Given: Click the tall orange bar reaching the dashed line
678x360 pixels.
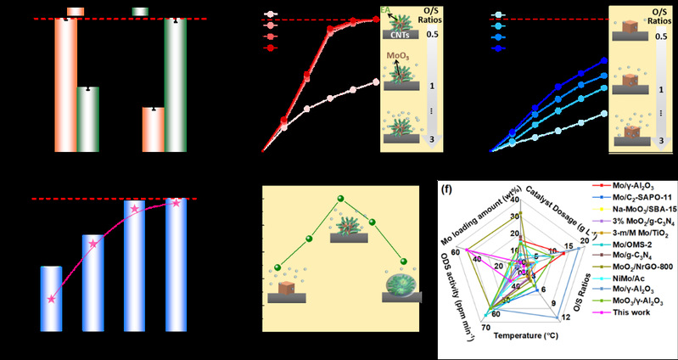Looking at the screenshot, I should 65,85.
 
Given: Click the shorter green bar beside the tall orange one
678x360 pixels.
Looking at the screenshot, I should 87,120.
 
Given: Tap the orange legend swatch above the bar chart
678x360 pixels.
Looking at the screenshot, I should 75,11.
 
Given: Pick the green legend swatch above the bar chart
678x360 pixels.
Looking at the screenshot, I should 141,11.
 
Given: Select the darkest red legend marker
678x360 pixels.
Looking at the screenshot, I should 271,49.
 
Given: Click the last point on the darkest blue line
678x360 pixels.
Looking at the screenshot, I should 603,60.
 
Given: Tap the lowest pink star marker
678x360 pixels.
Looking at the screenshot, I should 52,299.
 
